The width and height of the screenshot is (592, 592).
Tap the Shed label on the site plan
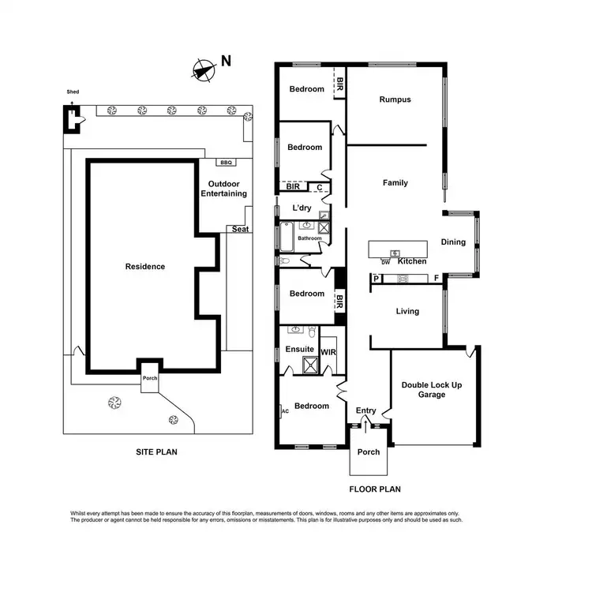tap(73, 92)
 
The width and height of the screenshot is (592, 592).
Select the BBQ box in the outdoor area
tap(226, 163)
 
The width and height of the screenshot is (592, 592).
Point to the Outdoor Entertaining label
tap(223, 189)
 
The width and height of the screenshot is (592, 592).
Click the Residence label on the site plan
tap(145, 267)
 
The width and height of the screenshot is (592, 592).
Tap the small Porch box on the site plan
tap(150, 377)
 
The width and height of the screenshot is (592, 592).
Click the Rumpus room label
tap(395, 99)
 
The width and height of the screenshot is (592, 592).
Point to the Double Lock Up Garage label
tap(432, 389)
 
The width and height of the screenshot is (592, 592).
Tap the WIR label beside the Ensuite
tap(328, 353)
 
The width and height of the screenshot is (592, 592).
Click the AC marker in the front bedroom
tap(285, 410)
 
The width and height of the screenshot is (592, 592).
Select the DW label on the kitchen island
tap(386, 261)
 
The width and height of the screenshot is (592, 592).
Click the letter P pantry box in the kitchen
tap(376, 278)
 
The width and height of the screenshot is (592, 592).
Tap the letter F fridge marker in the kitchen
tap(436, 278)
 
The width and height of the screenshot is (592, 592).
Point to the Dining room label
tap(453, 242)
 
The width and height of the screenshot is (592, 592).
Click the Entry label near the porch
tap(366, 410)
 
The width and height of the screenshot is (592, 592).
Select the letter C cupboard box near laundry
tap(319, 187)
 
